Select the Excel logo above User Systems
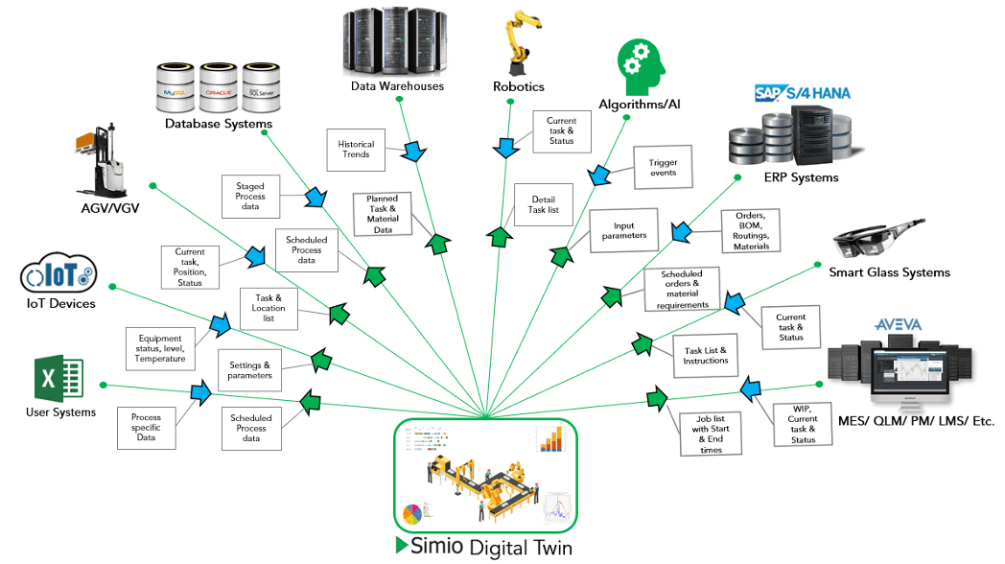click(x=58, y=378)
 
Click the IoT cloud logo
click(x=58, y=276)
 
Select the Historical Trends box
click(x=356, y=149)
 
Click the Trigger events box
click(x=663, y=168)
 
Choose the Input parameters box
click(x=623, y=231)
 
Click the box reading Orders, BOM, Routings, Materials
click(x=751, y=231)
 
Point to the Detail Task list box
click(x=544, y=204)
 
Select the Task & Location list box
click(x=268, y=308)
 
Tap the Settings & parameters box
click(x=249, y=370)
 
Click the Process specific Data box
click(x=146, y=427)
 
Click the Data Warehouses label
click(x=397, y=86)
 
